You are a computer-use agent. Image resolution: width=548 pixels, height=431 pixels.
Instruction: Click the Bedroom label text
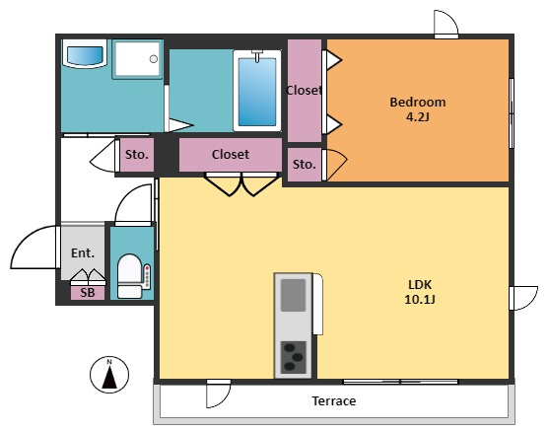(x=418, y=103)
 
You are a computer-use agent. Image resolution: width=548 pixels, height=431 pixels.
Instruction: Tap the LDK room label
(x=420, y=284)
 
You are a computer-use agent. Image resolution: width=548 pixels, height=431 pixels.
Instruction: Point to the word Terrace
(x=334, y=400)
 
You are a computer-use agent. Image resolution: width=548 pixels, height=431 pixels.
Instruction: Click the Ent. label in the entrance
(x=83, y=252)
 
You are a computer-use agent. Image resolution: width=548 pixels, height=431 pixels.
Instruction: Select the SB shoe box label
(x=88, y=293)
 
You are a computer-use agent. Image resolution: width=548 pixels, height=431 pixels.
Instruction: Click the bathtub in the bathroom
(x=257, y=91)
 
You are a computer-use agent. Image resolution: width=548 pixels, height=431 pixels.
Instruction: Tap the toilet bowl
(x=129, y=276)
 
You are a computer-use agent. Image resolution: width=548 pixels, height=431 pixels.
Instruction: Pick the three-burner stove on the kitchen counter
(x=294, y=357)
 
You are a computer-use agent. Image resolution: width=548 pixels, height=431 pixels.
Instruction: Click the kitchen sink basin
(x=294, y=295)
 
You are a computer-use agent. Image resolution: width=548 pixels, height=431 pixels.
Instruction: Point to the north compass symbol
(x=109, y=375)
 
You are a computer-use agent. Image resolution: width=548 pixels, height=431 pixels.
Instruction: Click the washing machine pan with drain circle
(x=137, y=59)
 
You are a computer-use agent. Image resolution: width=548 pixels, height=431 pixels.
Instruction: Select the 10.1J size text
(x=420, y=300)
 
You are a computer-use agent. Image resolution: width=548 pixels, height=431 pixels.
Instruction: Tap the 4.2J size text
(x=418, y=116)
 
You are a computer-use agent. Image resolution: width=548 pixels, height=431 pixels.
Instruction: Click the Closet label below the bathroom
(x=231, y=154)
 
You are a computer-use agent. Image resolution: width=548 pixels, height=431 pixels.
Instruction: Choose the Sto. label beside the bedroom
(x=304, y=164)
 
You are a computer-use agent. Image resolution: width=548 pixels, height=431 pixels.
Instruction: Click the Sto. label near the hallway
(x=137, y=154)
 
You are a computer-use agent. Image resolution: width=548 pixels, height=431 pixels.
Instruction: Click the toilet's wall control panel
(x=147, y=276)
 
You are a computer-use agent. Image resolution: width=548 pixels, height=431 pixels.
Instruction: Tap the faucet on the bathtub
(x=257, y=55)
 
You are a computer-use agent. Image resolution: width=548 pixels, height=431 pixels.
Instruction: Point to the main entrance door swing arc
(x=25, y=237)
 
